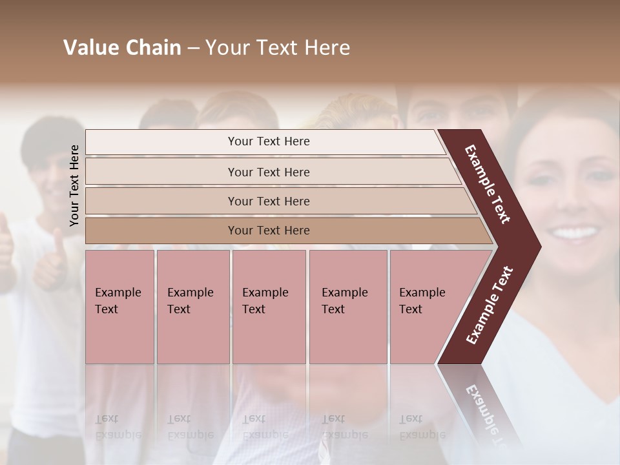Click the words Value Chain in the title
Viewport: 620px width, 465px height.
(122, 48)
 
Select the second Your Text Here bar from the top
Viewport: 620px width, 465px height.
(269, 172)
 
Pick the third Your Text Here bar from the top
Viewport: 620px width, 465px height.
(269, 201)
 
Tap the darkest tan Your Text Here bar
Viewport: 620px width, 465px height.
(269, 231)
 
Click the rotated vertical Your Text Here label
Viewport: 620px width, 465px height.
(74, 185)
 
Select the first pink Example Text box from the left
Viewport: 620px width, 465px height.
(119, 307)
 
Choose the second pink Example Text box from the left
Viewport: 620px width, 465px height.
(192, 307)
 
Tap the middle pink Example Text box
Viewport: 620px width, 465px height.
(269, 307)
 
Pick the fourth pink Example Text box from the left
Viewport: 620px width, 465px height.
(347, 307)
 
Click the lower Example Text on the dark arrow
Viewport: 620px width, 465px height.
(490, 305)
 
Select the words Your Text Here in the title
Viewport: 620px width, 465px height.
(278, 48)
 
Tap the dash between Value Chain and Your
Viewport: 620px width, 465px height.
(193, 48)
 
